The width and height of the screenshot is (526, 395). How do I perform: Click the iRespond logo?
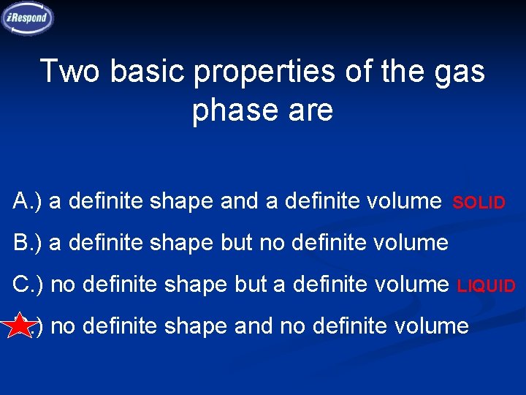(x=28, y=18)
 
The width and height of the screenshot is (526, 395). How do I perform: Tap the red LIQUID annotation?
(x=486, y=286)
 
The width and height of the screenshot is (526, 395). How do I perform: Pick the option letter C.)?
(x=28, y=284)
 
